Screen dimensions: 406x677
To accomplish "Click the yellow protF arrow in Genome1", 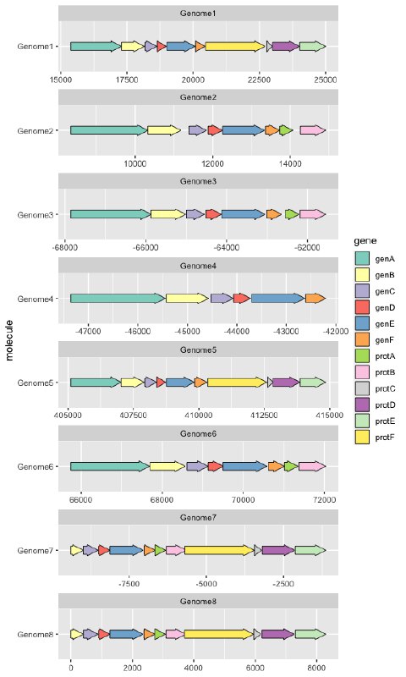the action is [235, 47].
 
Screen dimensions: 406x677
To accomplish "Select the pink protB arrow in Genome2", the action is [313, 130].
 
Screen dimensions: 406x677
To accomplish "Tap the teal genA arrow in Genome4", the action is [118, 299].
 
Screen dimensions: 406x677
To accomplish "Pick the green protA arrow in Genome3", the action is [292, 214].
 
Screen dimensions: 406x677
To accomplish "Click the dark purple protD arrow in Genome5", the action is [286, 383].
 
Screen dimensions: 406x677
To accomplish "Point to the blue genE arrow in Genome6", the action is [244, 466].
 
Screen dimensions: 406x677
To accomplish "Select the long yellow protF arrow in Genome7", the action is [219, 550].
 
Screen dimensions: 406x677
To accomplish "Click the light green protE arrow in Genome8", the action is [310, 634].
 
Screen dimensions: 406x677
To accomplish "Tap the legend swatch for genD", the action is [362, 307].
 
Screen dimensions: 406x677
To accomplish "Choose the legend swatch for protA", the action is [362, 356].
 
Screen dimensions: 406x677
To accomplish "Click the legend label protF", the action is [385, 438].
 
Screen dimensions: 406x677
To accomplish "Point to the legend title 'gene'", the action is [365, 240].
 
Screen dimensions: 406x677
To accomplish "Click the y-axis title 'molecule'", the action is [10, 340].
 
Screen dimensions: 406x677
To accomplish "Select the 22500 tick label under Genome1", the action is [260, 80].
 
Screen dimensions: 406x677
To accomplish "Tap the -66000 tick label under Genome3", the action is [145, 248].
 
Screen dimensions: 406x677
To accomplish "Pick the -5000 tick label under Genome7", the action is [206, 584].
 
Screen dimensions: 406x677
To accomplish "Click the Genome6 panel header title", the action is [198, 433].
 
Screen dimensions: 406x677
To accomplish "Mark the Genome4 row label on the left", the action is [36, 299].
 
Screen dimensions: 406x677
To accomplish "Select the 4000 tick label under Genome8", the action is [194, 668].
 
